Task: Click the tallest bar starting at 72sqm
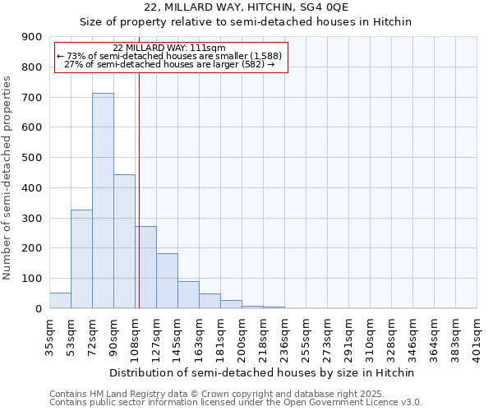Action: pos(103,201)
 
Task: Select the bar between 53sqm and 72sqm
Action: pos(81,259)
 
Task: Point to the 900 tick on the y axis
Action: pos(32,37)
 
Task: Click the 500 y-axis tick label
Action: pos(32,158)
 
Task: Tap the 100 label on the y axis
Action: pos(32,279)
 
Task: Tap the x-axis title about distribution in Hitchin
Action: pos(263,372)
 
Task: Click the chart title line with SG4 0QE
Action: pos(246,7)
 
